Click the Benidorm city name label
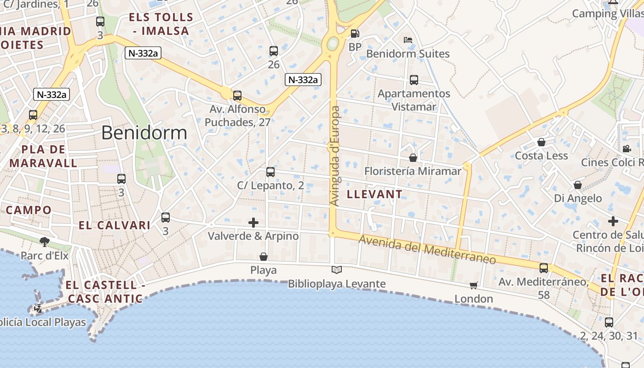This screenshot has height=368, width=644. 144,133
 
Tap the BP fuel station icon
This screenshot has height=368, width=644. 355,34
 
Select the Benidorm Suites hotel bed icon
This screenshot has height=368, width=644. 408,40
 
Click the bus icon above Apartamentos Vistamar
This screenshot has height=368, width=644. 414,80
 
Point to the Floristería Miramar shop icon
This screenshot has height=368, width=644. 413,158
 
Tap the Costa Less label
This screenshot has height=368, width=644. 541,155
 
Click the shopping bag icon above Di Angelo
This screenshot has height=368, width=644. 578,185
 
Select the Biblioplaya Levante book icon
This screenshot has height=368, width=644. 337,270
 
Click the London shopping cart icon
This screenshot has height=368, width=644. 474,286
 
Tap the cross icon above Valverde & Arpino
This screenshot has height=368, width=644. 253,223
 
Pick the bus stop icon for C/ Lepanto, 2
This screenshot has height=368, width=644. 270,172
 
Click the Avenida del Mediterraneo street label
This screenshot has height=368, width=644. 427,250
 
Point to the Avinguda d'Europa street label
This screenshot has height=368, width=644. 335,156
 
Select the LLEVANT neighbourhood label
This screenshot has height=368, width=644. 374,194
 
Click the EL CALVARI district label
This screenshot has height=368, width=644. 115,225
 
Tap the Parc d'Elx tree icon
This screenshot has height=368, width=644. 45,241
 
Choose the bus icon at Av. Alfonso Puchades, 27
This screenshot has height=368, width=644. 237,96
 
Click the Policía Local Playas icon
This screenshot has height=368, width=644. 39,309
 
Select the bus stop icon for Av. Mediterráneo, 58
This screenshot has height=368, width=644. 544,268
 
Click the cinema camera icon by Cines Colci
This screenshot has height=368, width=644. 627,149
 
